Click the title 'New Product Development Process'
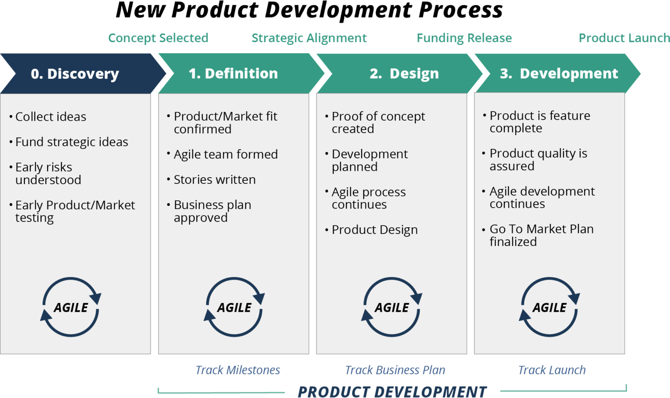309,10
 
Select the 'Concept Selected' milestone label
158,38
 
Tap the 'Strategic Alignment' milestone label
309,38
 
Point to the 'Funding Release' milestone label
464,38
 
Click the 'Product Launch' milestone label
624,38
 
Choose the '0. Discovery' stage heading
75,74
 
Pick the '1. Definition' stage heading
233,73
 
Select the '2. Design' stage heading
404,73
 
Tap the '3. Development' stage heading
559,73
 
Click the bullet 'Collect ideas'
51,117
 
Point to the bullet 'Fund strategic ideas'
72,142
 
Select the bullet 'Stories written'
215,179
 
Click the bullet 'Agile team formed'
226,154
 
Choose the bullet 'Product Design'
374,229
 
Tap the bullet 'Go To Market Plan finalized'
541,235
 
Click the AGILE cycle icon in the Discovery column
71,307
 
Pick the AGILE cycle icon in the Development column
549,307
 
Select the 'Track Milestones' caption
238,370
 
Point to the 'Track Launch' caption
552,370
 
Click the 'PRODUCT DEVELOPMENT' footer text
392,391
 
